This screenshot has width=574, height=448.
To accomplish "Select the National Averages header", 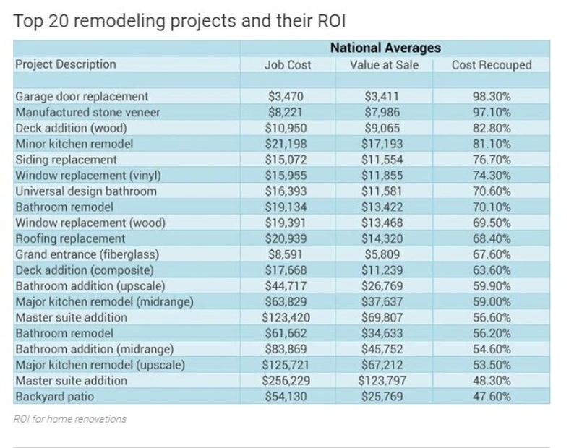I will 385,48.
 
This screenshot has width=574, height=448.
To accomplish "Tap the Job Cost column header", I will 288,65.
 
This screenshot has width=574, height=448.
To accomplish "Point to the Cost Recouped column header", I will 491,65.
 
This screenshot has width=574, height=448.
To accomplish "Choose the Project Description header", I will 65,64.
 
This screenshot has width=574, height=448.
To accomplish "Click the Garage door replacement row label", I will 82,96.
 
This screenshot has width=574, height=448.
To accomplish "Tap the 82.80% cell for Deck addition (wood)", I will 491,128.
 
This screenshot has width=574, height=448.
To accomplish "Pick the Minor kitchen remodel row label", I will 74,144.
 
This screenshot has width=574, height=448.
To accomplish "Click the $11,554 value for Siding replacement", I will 380,160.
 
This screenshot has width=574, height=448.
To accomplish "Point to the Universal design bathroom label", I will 85,191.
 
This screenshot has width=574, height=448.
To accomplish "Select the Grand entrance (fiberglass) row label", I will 86,254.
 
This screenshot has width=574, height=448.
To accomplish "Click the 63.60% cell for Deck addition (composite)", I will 491,270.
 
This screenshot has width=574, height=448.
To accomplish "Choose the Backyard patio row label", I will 54,397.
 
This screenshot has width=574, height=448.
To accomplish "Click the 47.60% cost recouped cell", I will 491,397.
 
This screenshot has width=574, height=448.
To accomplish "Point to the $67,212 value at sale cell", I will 380,365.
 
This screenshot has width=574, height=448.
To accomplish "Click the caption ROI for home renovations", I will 69,419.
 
